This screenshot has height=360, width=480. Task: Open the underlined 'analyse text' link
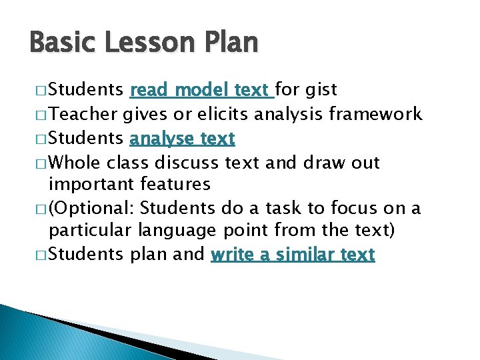[x=183, y=139]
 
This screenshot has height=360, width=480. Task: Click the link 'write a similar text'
[x=293, y=255]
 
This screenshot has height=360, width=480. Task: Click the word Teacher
[x=85, y=115]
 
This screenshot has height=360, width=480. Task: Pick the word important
[x=93, y=184]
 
